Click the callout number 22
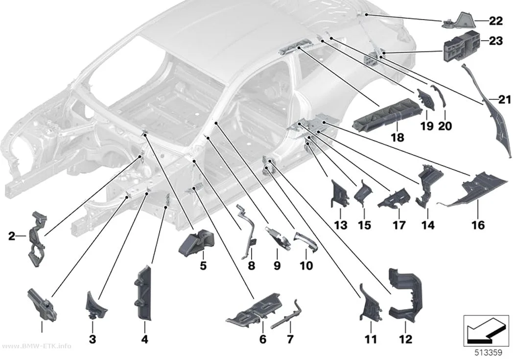click(495, 21)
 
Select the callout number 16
click(478, 225)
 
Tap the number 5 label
click(203, 265)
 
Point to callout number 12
click(405, 339)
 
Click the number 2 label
click(12, 236)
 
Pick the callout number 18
click(397, 137)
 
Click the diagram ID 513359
click(489, 353)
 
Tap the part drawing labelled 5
click(196, 242)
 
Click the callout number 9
click(277, 265)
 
